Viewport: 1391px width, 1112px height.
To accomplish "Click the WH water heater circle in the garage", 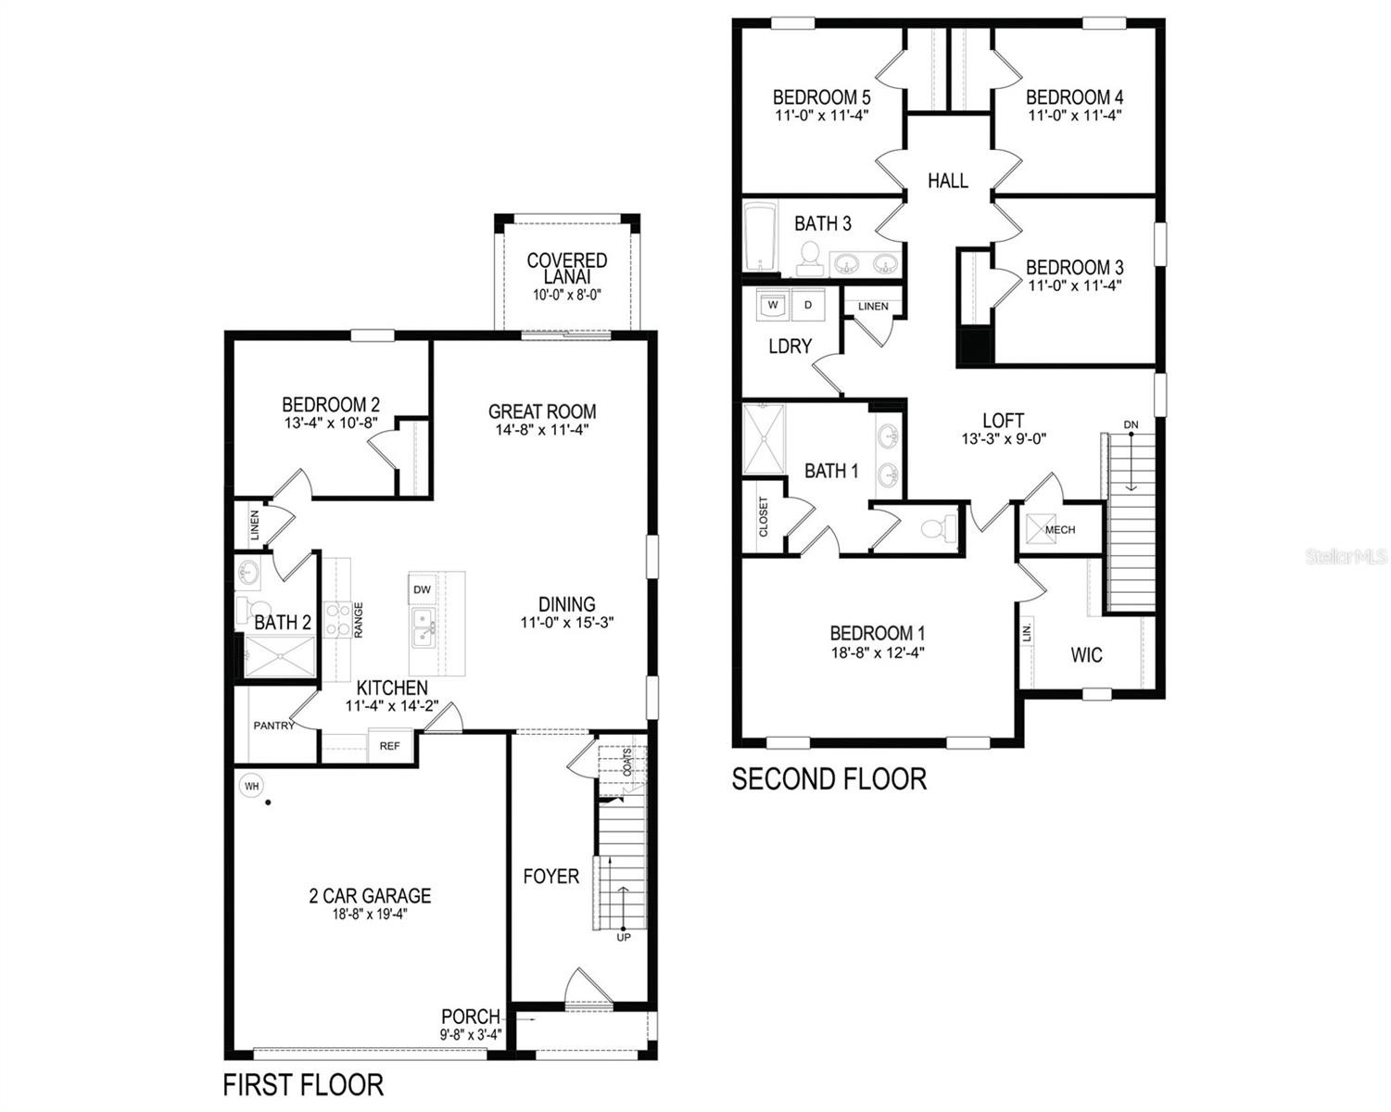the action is click(251, 786).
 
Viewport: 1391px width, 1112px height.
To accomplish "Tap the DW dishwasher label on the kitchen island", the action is click(422, 589).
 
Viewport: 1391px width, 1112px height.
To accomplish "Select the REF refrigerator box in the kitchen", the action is click(390, 746).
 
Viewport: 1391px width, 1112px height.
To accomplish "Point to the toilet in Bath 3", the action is click(809, 259).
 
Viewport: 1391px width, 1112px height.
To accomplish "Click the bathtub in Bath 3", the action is click(760, 236).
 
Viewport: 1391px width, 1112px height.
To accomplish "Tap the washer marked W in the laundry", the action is click(773, 305).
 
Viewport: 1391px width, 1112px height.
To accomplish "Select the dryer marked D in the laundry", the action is click(808, 305).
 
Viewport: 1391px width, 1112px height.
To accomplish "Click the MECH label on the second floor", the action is click(1060, 529).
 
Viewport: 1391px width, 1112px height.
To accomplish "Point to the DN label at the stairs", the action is click(1131, 424).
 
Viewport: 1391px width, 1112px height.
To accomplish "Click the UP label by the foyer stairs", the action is click(623, 937).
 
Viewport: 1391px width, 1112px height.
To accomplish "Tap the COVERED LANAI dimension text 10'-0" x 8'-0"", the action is click(567, 295).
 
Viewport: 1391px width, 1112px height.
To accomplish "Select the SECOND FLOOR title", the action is click(829, 779).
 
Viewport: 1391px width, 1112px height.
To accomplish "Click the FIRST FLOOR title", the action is click(303, 1084).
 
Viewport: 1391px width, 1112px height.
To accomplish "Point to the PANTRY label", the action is click(273, 726).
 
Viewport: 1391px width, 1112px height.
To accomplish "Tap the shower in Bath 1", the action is click(764, 439).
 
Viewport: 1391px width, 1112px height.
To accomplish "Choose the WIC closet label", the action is click(1086, 655).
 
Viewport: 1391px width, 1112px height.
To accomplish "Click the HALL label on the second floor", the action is click(948, 181).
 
